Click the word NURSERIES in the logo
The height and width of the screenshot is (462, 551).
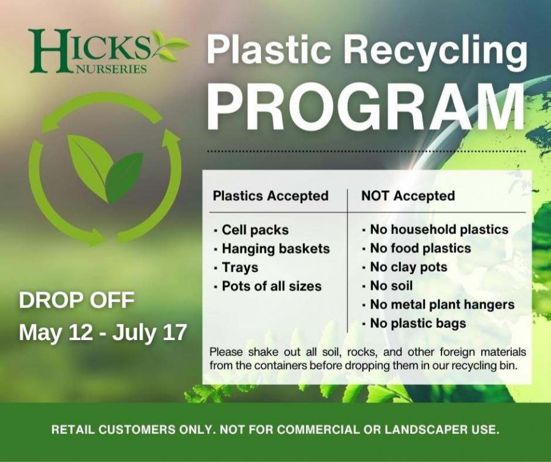click(110, 69)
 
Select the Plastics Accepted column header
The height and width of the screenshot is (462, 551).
click(271, 196)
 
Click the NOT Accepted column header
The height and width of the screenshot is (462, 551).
click(408, 196)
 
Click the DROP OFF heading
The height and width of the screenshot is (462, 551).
click(77, 300)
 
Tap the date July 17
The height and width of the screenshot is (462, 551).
click(149, 333)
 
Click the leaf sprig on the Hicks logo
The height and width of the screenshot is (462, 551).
click(170, 46)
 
